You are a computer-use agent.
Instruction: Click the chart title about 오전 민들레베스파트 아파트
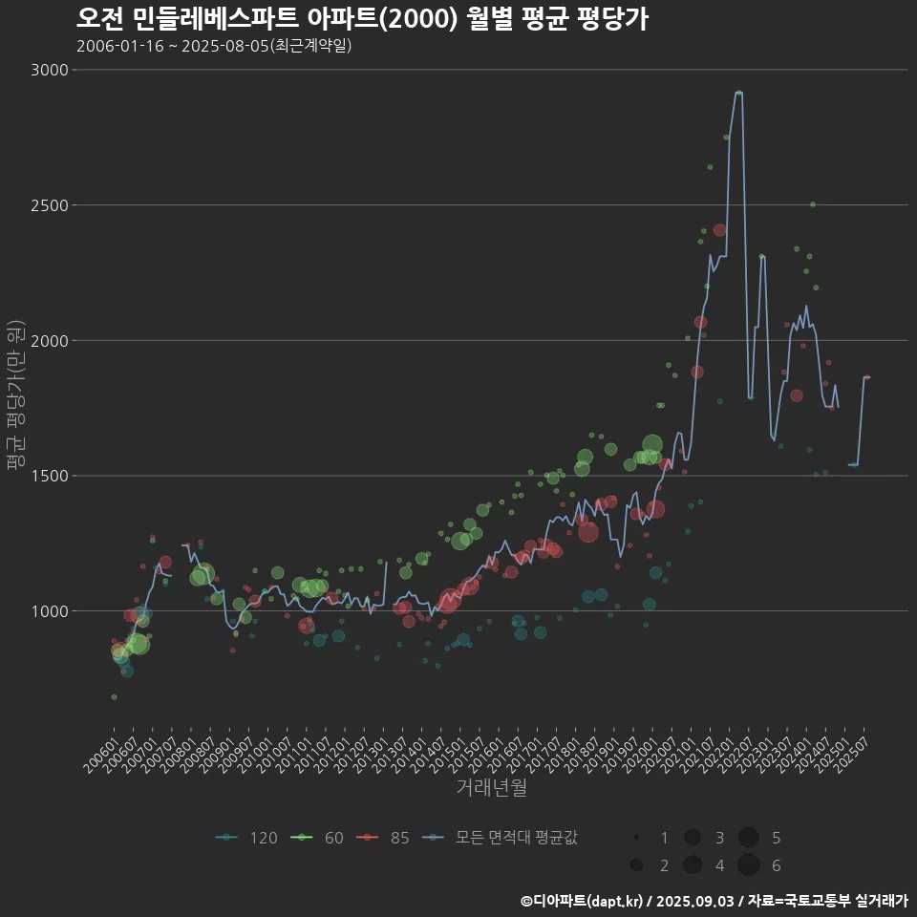(362, 18)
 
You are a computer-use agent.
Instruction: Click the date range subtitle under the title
(214, 46)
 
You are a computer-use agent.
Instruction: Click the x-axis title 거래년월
(491, 787)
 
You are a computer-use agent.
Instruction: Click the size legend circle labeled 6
(748, 865)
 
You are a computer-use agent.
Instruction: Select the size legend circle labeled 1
(635, 838)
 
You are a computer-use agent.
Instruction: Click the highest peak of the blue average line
(737, 93)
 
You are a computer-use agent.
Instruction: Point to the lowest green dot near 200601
(114, 697)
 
